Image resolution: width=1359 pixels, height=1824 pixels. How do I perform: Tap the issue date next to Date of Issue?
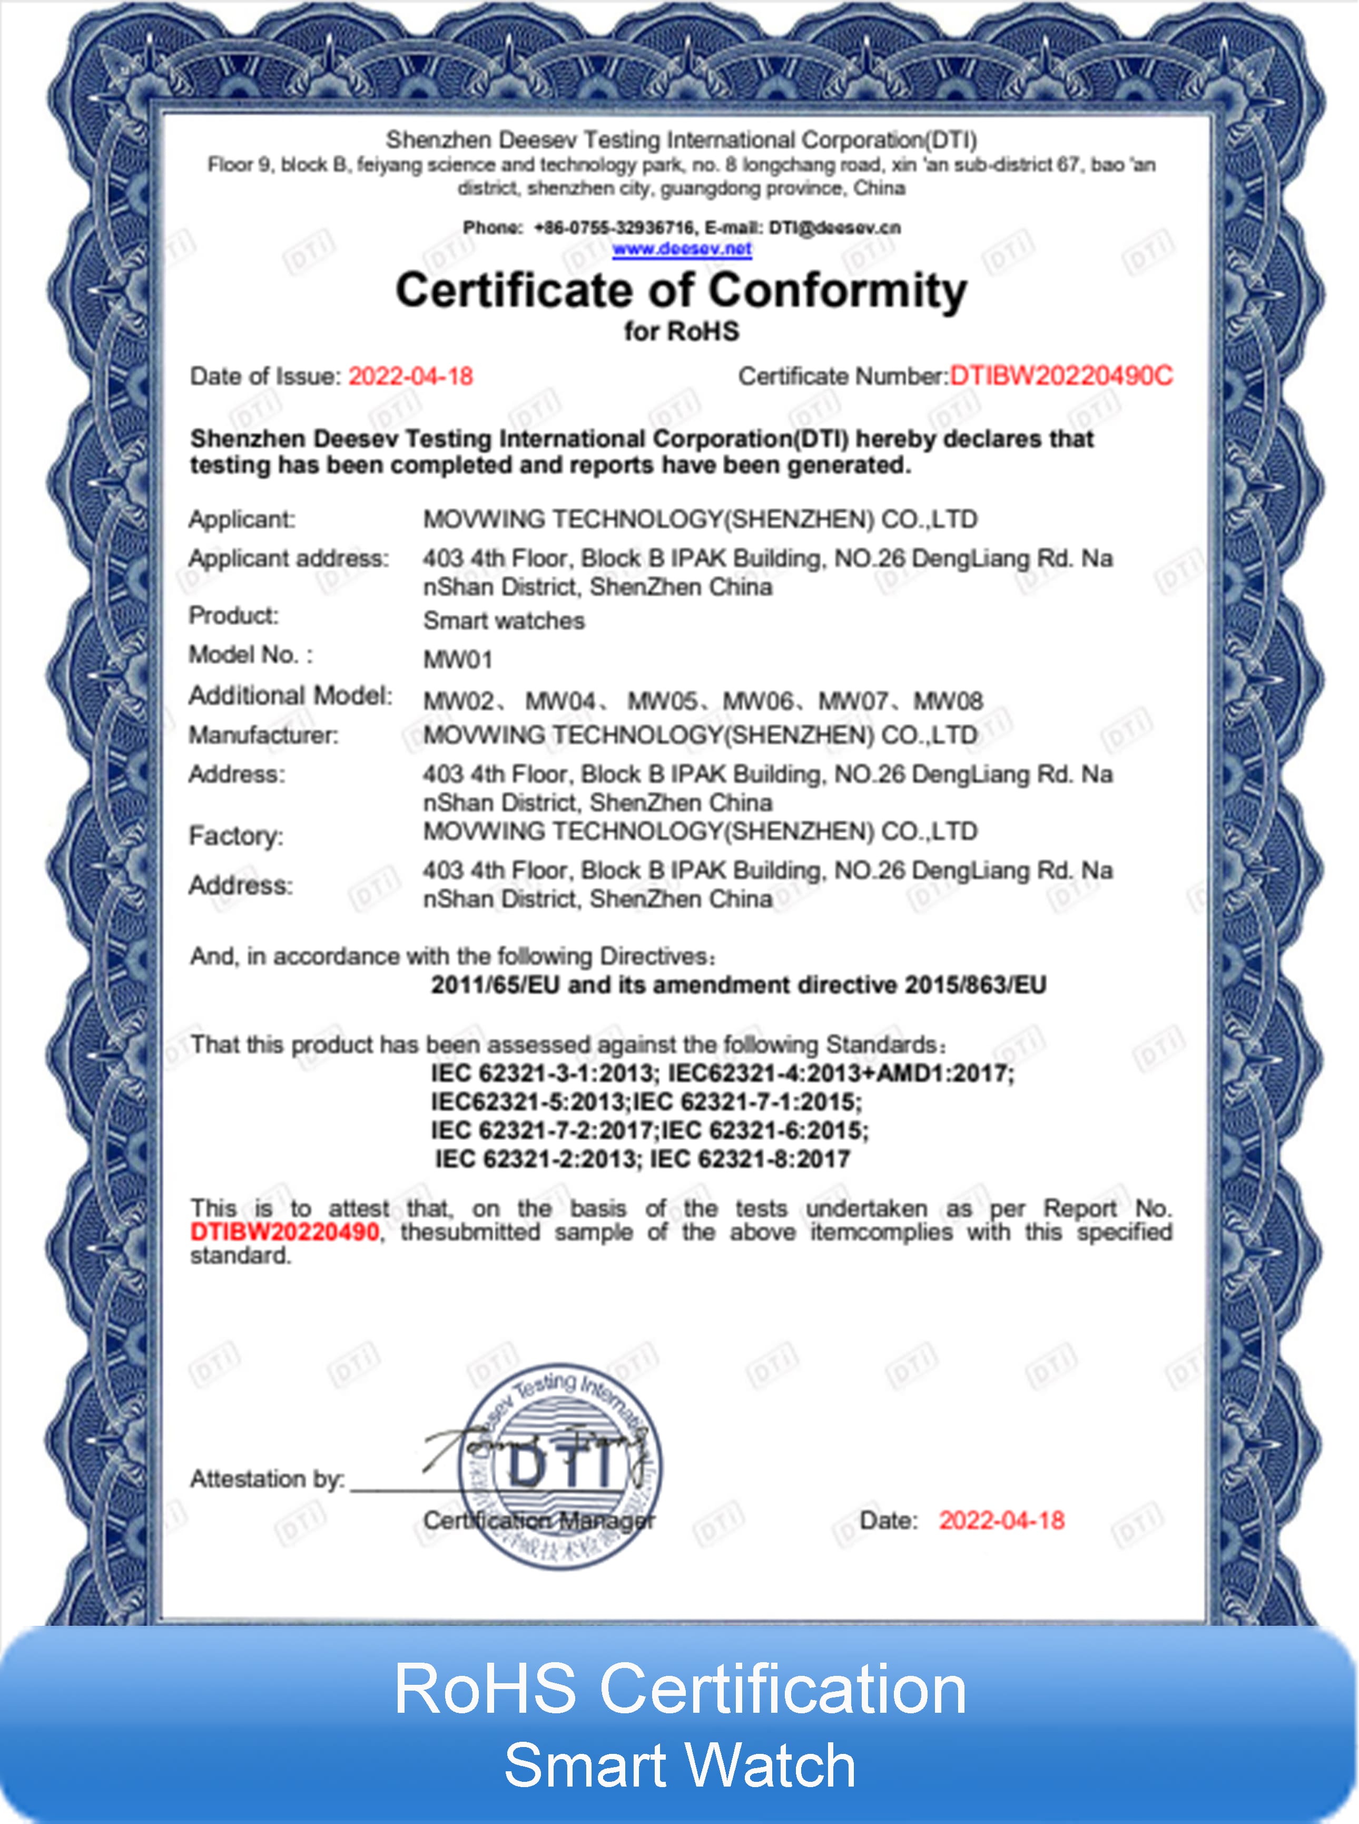[410, 376]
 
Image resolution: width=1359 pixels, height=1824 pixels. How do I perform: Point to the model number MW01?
[457, 659]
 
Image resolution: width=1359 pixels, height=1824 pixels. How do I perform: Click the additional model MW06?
[757, 701]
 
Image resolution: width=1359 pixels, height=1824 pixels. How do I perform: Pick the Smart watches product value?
[504, 620]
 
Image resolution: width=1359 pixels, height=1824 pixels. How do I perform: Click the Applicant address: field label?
[289, 558]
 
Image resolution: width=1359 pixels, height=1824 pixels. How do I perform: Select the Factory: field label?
[236, 836]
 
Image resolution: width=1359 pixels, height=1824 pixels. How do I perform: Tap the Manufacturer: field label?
[263, 735]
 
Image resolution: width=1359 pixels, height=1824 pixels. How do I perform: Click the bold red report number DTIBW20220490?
[284, 1232]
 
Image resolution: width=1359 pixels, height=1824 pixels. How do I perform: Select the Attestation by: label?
[268, 1479]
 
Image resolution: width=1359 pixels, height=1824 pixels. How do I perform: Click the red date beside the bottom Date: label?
[1001, 1520]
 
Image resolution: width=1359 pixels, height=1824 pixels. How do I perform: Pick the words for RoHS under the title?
[681, 331]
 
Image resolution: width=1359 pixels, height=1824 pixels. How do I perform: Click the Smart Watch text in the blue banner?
[679, 1765]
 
